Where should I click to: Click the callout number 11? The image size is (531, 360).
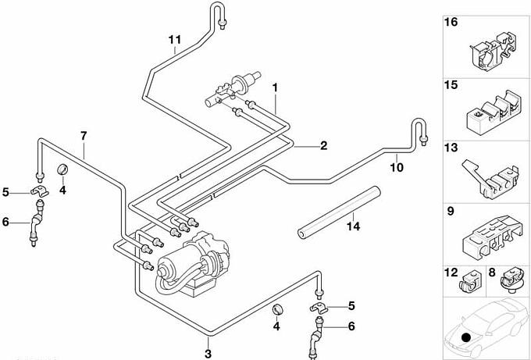(x=174, y=39)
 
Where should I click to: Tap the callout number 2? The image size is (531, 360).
(x=323, y=145)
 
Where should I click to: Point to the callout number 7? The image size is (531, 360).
(x=84, y=136)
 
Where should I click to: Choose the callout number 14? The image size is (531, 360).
(x=353, y=227)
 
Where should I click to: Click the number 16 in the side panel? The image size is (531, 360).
(x=451, y=23)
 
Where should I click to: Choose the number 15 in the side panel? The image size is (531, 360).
(x=451, y=84)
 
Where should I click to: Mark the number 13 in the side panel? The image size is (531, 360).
(x=451, y=148)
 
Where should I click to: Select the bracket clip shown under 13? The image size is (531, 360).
(x=490, y=178)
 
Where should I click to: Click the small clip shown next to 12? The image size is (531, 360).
(x=471, y=279)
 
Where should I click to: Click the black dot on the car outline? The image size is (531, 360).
(x=466, y=337)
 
